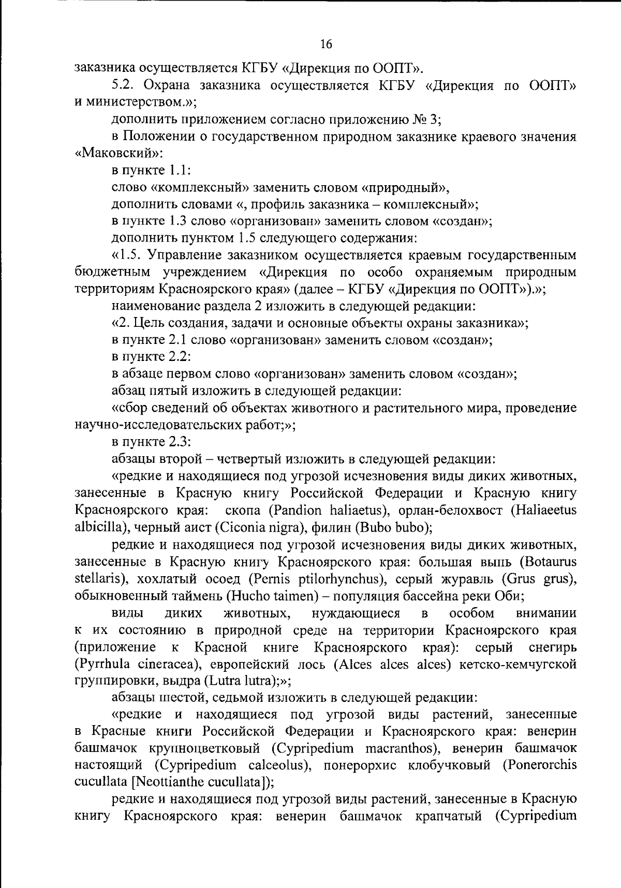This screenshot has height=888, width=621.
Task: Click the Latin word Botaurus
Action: tap(552, 562)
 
